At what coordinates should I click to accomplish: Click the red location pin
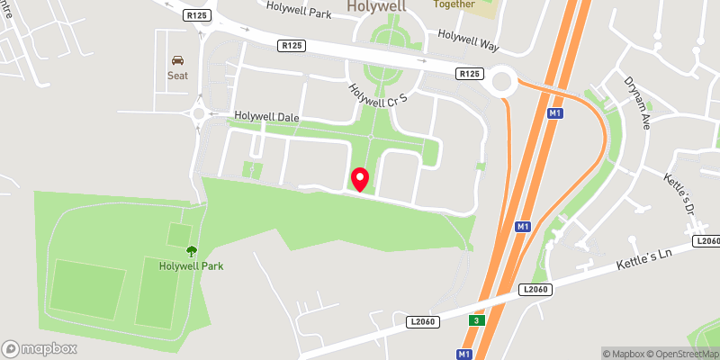(x=360, y=179)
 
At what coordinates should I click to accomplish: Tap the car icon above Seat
(x=177, y=59)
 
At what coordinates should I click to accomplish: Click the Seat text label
(x=177, y=76)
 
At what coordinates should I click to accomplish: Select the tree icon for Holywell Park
(x=191, y=251)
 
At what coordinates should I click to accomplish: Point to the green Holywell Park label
(x=191, y=265)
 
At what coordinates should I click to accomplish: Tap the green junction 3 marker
(x=475, y=320)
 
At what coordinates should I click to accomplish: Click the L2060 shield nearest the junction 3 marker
(x=423, y=320)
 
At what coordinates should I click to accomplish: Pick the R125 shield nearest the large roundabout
(x=468, y=74)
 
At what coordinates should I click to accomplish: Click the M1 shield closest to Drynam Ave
(x=554, y=113)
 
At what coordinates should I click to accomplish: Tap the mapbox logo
(x=40, y=348)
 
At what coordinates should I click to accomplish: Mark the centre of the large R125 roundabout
(x=500, y=83)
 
